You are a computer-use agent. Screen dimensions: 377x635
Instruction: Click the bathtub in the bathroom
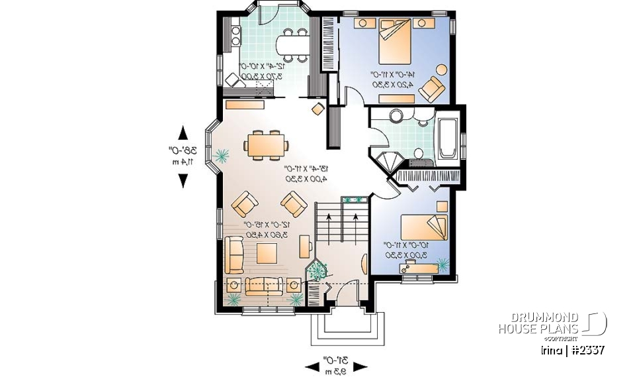tap(448, 138)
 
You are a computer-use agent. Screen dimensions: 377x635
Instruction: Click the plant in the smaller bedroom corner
tap(442, 265)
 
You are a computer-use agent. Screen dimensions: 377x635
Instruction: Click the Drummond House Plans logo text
tap(538, 323)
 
